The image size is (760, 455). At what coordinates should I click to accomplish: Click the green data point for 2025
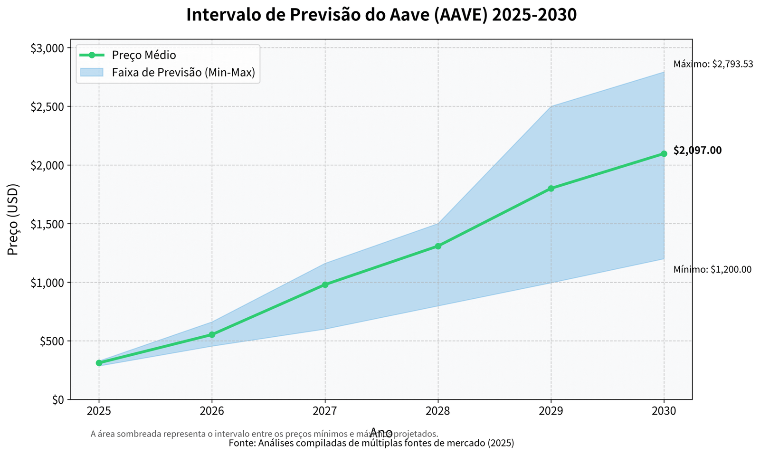[x=99, y=363]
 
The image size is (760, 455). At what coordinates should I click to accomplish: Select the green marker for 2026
[x=212, y=335]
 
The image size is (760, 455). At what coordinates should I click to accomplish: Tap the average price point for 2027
[x=325, y=285]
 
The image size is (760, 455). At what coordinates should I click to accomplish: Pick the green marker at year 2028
[x=438, y=246]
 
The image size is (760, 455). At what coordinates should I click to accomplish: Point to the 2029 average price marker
[x=551, y=189]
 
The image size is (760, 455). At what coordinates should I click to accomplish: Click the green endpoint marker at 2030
[x=664, y=154]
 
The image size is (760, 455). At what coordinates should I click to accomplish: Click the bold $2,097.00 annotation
[x=697, y=151]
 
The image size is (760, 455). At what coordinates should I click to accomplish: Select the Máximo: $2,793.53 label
[x=713, y=64]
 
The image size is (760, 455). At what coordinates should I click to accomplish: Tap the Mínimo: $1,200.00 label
[x=712, y=270]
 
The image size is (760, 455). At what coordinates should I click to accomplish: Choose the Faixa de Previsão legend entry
[x=183, y=73]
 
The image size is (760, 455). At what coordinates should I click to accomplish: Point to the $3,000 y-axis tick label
[x=47, y=48]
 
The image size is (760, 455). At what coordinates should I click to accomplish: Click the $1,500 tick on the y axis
[x=47, y=224]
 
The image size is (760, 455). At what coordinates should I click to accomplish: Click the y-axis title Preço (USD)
[x=13, y=219]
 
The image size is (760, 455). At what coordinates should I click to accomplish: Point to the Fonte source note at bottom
[x=371, y=443]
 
